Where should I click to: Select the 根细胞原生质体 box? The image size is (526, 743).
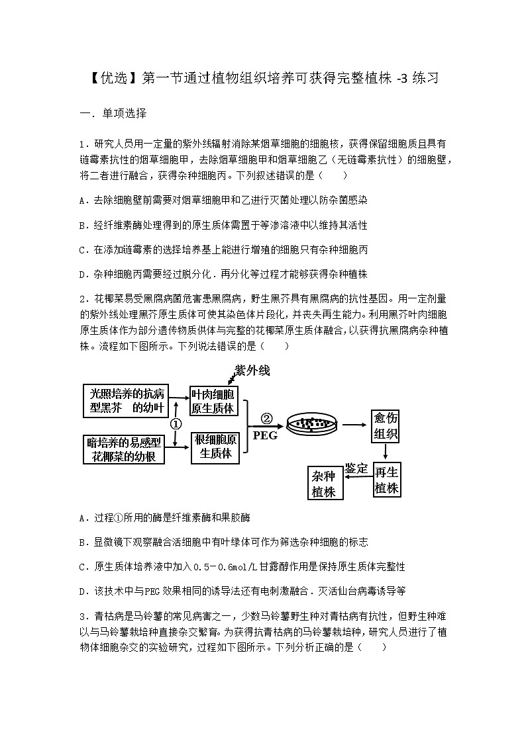(x=215, y=447)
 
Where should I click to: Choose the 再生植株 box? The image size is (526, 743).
(x=386, y=480)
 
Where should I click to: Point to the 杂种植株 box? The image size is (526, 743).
(x=324, y=484)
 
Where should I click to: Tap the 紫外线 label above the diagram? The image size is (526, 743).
(x=252, y=371)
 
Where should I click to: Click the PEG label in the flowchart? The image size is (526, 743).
(x=265, y=435)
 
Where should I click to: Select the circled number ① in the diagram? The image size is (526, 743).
(x=176, y=423)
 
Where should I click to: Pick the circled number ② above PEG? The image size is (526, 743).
(x=266, y=418)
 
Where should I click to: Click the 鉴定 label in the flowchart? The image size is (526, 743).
(x=356, y=468)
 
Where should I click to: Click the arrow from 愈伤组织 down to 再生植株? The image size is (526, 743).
(x=386, y=453)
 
